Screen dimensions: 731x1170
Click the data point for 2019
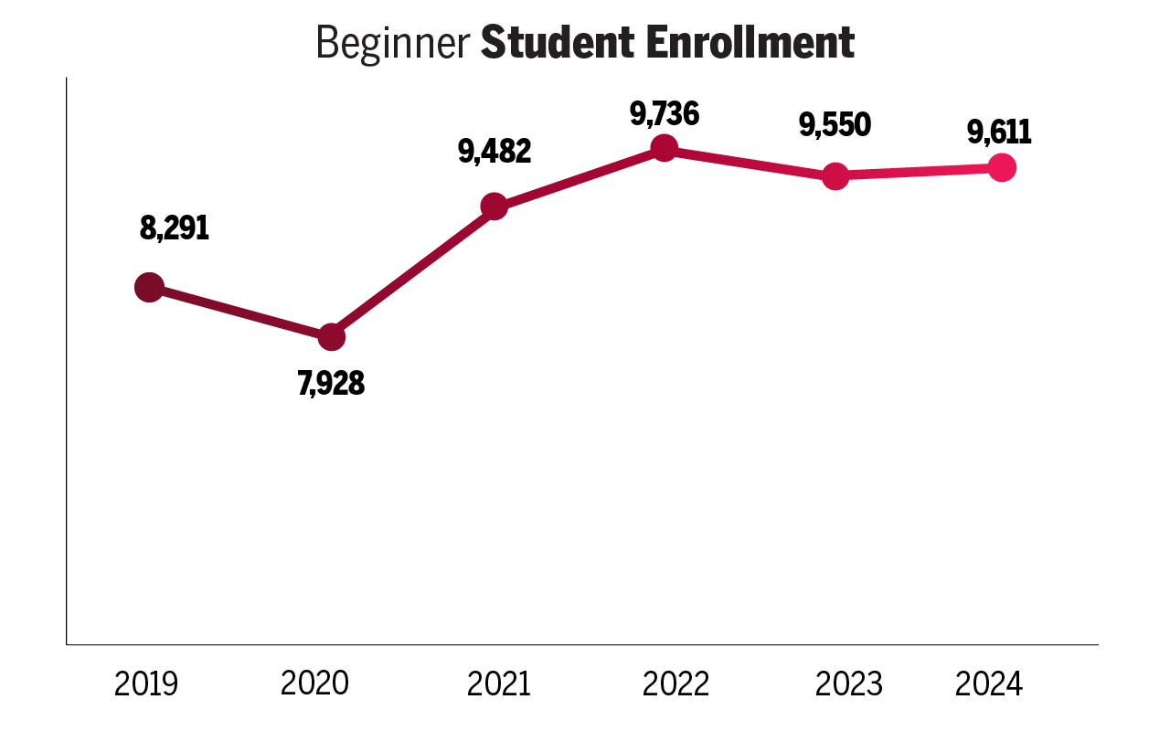point(149,288)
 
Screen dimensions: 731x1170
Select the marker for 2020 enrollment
point(332,337)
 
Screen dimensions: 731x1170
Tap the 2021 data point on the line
point(494,207)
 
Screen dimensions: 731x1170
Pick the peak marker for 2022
point(665,148)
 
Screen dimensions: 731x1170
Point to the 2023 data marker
point(835,175)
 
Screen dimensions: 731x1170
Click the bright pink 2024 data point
point(1003,168)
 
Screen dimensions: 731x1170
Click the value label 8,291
point(175,228)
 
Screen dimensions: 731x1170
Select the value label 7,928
point(331,384)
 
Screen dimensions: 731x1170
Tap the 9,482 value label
point(495,152)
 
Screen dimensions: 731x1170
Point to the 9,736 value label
point(665,114)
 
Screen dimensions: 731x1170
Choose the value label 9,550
point(835,125)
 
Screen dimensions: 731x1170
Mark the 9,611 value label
point(1000,133)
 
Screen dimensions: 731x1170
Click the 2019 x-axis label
point(146,683)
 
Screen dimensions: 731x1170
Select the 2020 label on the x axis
point(314,683)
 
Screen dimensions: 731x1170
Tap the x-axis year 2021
point(499,683)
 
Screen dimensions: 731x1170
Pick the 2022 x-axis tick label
point(675,683)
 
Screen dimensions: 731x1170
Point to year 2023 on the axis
point(849,683)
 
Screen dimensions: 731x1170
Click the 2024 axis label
point(989,683)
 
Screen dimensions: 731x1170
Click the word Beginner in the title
point(393,43)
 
